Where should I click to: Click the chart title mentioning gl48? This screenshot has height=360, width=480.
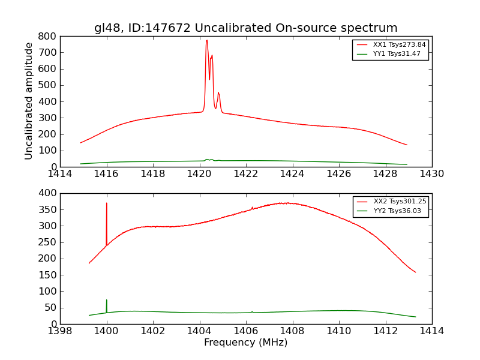click(x=245, y=28)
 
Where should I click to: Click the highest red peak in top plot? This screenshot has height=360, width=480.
click(x=206, y=41)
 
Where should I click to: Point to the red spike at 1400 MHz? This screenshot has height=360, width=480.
click(x=107, y=204)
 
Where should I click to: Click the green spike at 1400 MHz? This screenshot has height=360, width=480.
click(x=107, y=301)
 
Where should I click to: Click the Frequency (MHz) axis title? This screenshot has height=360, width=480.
click(x=245, y=343)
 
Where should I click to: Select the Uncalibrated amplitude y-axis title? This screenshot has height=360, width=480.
click(x=29, y=101)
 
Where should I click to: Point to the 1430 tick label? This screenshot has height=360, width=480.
click(x=431, y=174)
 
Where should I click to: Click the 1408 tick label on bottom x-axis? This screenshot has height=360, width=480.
click(x=292, y=331)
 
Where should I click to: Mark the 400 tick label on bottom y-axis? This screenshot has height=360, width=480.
click(x=48, y=193)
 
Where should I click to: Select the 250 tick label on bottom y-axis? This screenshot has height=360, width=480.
click(x=48, y=242)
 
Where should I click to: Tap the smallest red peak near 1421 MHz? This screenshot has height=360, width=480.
click(x=218, y=93)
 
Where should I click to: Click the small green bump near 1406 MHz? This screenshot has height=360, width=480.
click(x=252, y=311)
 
